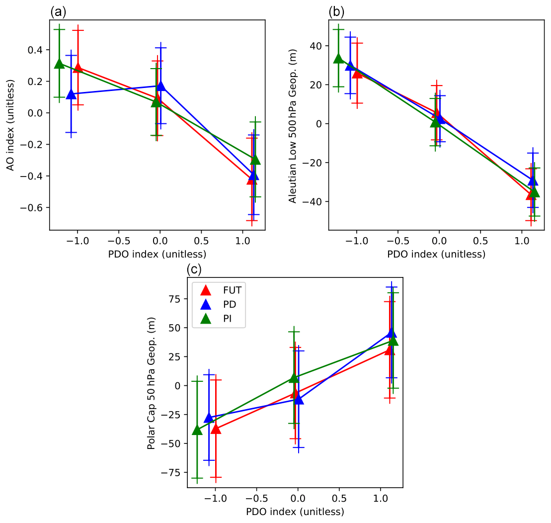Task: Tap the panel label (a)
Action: (x=57, y=10)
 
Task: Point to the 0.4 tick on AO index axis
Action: (x=38, y=50)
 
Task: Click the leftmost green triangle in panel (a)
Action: (x=59, y=64)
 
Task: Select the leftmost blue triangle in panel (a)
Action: (x=71, y=94)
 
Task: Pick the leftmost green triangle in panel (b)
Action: (x=338, y=59)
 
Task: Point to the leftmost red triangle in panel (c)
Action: (x=216, y=428)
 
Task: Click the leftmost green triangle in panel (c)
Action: (x=197, y=430)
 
